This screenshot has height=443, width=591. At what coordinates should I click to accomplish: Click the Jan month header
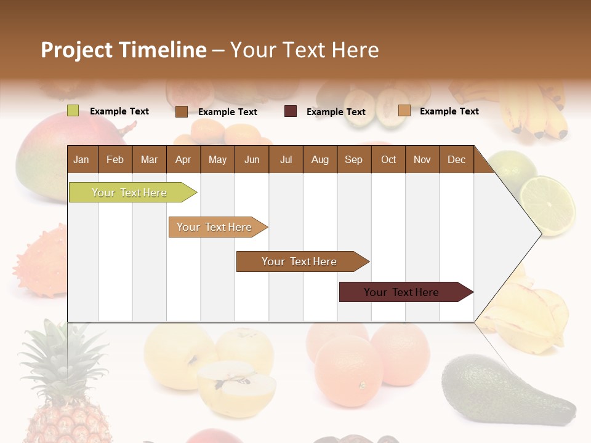81,159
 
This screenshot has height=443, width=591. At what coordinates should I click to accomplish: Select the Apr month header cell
183,159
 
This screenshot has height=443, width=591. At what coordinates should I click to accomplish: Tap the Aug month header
320,159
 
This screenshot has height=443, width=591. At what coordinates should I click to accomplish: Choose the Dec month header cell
456,159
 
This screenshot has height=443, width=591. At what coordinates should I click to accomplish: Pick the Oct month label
388,159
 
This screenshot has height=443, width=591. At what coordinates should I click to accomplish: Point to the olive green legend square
73,111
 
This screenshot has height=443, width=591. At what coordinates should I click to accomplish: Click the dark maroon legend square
291,111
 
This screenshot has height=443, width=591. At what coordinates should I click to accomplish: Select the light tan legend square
404,111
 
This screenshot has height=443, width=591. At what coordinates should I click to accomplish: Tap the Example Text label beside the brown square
228,112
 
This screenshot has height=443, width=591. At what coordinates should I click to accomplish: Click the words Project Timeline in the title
123,50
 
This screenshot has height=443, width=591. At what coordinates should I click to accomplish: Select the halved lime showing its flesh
547,205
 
